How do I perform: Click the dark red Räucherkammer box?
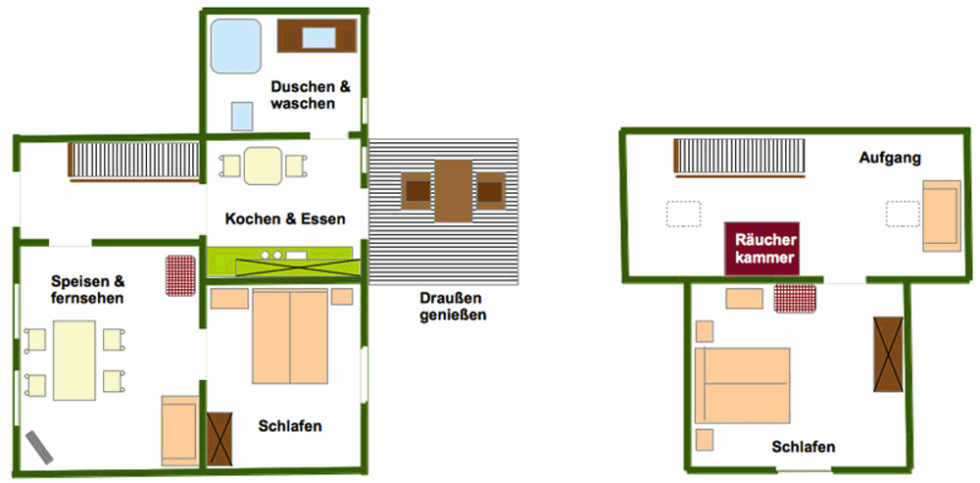coord(761,250)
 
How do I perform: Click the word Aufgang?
coord(889,158)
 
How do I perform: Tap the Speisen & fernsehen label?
coord(87,290)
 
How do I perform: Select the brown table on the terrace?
coord(454,190)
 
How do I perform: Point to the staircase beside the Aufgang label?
coord(740,157)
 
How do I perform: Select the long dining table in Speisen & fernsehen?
coord(74,360)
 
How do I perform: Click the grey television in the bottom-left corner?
coord(41,447)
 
